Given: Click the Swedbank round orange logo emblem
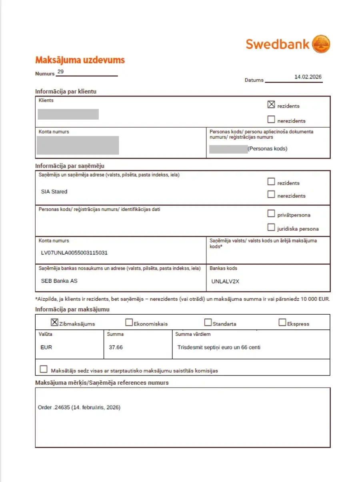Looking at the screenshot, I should pyautogui.click(x=321, y=44).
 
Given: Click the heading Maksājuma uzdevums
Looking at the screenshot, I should pyautogui.click(x=80, y=60).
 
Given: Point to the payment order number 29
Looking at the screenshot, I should pyautogui.click(x=60, y=72).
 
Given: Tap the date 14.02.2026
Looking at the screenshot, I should pyautogui.click(x=308, y=76).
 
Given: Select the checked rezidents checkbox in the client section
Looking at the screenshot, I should pyautogui.click(x=271, y=105).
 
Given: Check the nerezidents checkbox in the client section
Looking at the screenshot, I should pyautogui.click(x=271, y=119).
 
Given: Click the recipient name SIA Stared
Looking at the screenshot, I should pyautogui.click(x=54, y=191).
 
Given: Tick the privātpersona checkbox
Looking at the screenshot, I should pyautogui.click(x=271, y=213).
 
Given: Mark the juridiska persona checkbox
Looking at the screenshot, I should pyautogui.click(x=271, y=227).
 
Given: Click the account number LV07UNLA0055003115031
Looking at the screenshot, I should pyautogui.click(x=74, y=253).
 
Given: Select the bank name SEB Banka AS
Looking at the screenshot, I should pyautogui.click(x=59, y=281).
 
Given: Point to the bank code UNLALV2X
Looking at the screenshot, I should pyautogui.click(x=225, y=281).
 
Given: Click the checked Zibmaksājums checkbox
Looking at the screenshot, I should pyautogui.click(x=55, y=322).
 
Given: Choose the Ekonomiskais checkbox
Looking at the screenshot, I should pyautogui.click(x=129, y=322).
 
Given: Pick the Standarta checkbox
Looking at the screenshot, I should pyautogui.click(x=208, y=322).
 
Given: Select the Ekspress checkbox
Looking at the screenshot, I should pyautogui.click(x=282, y=322).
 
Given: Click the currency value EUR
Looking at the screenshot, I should pyautogui.click(x=46, y=347).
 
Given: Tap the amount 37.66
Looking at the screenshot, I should pyautogui.click(x=116, y=347).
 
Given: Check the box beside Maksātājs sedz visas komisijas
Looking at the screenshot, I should pyautogui.click(x=44, y=369).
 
